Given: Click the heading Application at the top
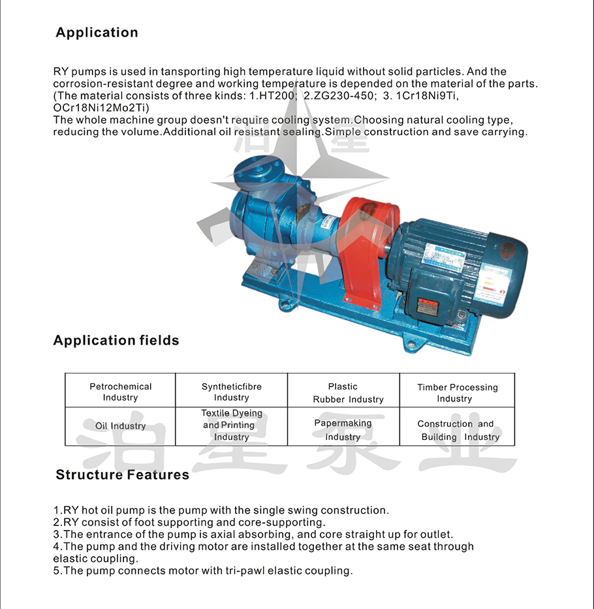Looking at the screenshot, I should click(97, 33).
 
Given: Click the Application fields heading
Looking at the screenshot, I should click(116, 340).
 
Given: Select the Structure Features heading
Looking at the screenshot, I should click(122, 475).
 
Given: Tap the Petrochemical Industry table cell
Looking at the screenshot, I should click(120, 392).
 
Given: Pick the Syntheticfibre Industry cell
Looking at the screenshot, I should click(231, 392).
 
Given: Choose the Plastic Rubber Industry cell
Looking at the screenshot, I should click(343, 392).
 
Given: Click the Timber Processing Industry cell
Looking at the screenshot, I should click(457, 392).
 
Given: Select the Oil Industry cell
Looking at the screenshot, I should click(120, 426).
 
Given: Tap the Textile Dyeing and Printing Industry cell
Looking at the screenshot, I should click(231, 426).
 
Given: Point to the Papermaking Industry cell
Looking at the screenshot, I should click(343, 429).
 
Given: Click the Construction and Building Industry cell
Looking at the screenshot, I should click(457, 430).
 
